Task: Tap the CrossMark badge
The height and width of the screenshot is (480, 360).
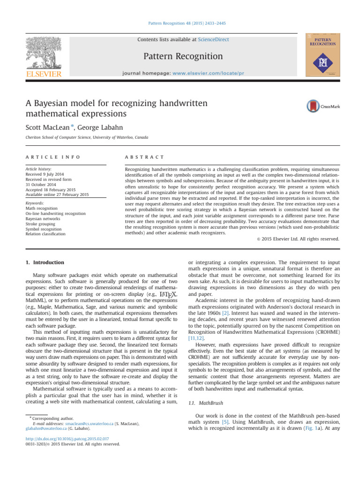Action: [x=323, y=106]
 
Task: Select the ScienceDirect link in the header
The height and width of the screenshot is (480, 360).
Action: [x=213, y=40]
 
